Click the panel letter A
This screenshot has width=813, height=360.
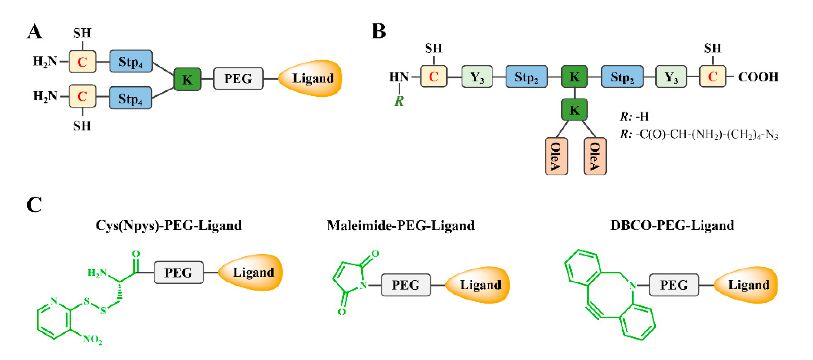(x=34, y=32)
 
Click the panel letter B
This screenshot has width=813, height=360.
(x=379, y=31)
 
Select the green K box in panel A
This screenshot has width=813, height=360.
(x=188, y=79)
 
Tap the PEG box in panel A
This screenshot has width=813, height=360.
(x=238, y=79)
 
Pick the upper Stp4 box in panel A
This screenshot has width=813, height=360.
(x=131, y=61)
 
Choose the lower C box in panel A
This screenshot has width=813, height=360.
(x=82, y=96)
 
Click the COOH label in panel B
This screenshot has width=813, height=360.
(x=758, y=77)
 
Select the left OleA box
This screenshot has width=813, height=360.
(x=556, y=156)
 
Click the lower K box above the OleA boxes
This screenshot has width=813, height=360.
(x=574, y=110)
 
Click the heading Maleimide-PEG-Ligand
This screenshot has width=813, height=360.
(x=401, y=225)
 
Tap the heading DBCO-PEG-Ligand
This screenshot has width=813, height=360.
(x=672, y=225)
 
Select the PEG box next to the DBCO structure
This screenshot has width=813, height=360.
(x=674, y=285)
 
